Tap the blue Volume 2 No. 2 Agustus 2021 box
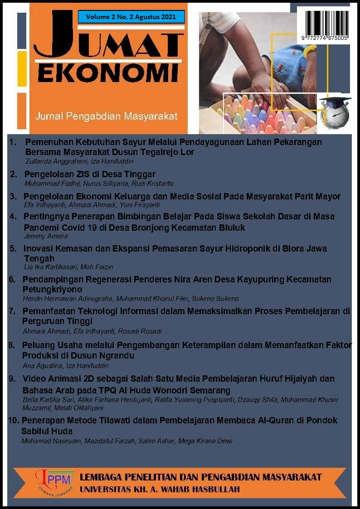tap(131, 17)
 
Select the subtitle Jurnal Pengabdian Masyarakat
tap(107, 116)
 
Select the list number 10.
tap(13, 421)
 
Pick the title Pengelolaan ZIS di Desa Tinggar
tap(89, 175)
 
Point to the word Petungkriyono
tap(52, 289)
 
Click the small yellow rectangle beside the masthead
tap(22, 68)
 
